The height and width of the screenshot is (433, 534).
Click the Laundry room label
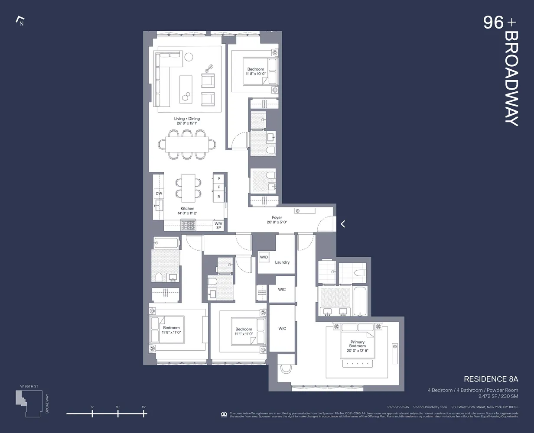(x=282, y=262)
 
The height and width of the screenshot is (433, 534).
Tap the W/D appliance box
(x=264, y=257)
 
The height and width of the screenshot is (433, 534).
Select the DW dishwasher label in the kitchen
(x=159, y=194)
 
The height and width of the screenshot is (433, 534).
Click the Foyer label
(x=277, y=218)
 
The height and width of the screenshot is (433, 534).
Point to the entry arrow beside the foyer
(x=343, y=224)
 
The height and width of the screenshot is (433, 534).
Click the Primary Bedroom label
(x=358, y=344)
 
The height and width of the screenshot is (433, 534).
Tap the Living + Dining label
(x=187, y=119)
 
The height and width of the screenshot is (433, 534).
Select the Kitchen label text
(x=187, y=209)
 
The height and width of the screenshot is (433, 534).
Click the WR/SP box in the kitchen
(x=218, y=225)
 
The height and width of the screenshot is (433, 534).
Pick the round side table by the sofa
(x=189, y=57)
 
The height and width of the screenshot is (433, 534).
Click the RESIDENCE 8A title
(x=491, y=379)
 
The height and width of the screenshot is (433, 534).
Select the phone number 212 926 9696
(x=398, y=407)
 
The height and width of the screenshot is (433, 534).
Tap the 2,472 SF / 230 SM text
(x=498, y=396)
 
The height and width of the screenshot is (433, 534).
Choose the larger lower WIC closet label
(x=282, y=329)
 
